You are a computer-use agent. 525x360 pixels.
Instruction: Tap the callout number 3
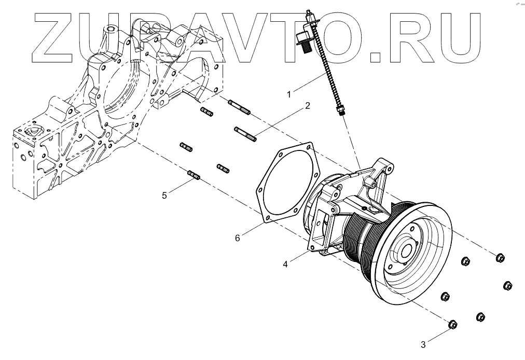[x=423, y=343]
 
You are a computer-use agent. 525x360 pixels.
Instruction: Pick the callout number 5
[x=164, y=195]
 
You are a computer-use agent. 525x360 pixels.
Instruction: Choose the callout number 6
[x=238, y=238]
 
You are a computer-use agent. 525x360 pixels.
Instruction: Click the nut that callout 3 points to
[x=452, y=324]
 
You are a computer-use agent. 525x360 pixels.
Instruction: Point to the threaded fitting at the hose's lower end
[x=341, y=110]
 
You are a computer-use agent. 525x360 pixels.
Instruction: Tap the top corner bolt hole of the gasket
[x=311, y=147]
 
